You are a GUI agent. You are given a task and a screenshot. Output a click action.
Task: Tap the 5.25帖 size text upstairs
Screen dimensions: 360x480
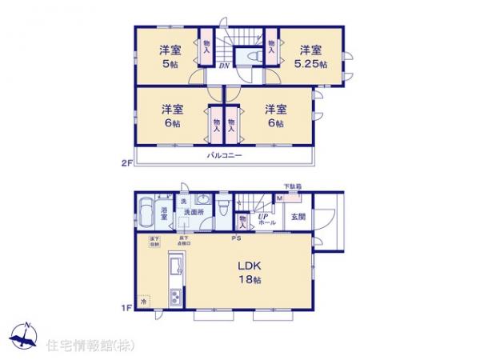tap(310, 63)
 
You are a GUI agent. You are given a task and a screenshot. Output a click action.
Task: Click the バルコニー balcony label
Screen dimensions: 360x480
tap(225, 156)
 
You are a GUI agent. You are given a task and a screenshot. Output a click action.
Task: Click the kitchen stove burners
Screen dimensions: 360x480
tap(175, 299)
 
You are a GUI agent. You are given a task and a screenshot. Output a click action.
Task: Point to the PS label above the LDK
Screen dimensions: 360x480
tap(236, 238)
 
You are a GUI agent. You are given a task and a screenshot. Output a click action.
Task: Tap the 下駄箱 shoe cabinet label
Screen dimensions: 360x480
tap(293, 187)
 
